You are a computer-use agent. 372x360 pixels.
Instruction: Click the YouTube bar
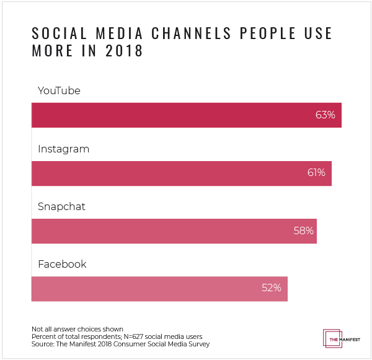[186, 115]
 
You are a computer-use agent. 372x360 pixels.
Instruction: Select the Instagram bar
[181, 173]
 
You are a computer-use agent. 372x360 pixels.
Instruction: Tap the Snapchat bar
[174, 230]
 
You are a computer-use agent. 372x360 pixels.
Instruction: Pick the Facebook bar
[159, 288]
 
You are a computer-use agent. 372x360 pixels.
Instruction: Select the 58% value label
[304, 230]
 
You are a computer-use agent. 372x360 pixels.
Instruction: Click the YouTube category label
[60, 91]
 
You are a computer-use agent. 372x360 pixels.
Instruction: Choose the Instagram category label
[64, 149]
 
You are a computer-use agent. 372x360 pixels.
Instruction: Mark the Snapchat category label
[61, 207]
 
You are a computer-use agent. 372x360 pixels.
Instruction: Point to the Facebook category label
[62, 265]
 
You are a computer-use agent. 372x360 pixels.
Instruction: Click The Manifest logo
[340, 337]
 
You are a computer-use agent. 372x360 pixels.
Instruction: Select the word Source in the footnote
[42, 344]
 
